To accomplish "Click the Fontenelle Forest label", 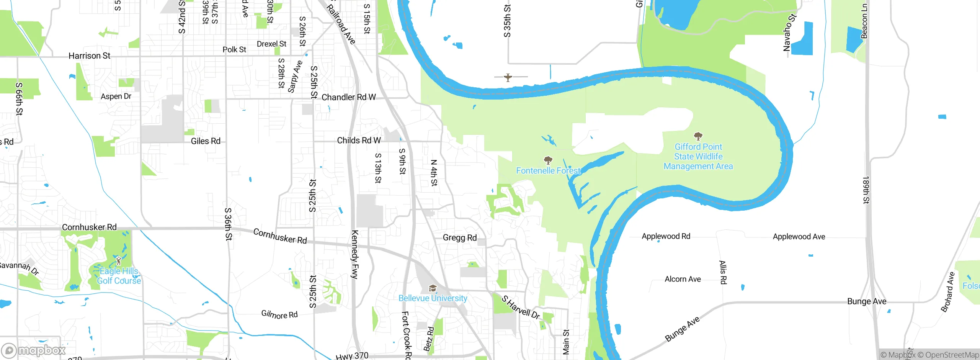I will pyautogui.click(x=548, y=171).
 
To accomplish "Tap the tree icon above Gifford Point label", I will pyautogui.click(x=698, y=136).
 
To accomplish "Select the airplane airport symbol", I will pyautogui.click(x=508, y=78).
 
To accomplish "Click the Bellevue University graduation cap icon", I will pyautogui.click(x=433, y=288).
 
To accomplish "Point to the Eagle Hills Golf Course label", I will pyautogui.click(x=119, y=276).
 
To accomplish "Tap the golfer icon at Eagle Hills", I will pyautogui.click(x=119, y=261).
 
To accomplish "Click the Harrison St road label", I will pyautogui.click(x=89, y=56).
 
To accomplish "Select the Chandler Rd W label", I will pyautogui.click(x=348, y=97).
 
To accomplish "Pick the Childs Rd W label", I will pyautogui.click(x=359, y=141).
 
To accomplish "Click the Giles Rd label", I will pyautogui.click(x=206, y=141).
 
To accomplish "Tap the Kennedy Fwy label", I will pyautogui.click(x=355, y=254).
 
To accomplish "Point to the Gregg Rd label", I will pyautogui.click(x=459, y=238).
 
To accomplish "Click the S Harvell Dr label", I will pyautogui.click(x=521, y=307).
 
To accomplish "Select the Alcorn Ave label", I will pyautogui.click(x=683, y=279).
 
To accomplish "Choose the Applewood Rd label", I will pyautogui.click(x=666, y=236).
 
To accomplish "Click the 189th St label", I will pyautogui.click(x=866, y=190).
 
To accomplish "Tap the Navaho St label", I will pyautogui.click(x=789, y=33).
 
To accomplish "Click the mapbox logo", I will pyautogui.click(x=34, y=350).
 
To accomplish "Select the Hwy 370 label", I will pyautogui.click(x=352, y=356).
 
